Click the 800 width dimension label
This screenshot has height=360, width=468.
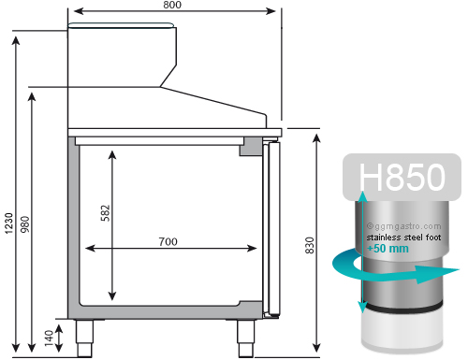pyautogui.click(x=172, y=5)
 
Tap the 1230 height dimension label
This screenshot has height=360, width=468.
pyautogui.click(x=8, y=223)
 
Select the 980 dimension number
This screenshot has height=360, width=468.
pyautogui.click(x=24, y=224)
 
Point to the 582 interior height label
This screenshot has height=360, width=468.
pyautogui.click(x=106, y=213)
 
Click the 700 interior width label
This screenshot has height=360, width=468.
pyautogui.click(x=168, y=241)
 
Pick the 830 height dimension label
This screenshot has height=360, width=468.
pyautogui.click(x=309, y=245)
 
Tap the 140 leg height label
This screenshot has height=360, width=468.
pyautogui.click(x=49, y=338)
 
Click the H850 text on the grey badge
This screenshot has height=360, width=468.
pyautogui.click(x=402, y=177)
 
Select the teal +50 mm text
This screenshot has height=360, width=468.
pyautogui.click(x=388, y=249)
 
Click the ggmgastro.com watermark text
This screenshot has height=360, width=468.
pyautogui.click(x=404, y=226)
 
